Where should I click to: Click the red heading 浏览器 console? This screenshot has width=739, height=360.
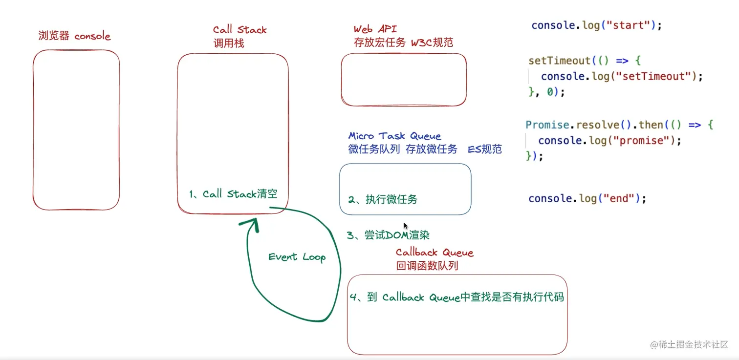click(74, 36)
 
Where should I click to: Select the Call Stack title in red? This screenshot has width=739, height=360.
click(239, 30)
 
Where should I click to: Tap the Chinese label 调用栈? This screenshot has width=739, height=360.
click(228, 43)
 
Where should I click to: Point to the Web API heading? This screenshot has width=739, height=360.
click(375, 29)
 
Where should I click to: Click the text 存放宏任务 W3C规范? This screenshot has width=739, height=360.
click(403, 42)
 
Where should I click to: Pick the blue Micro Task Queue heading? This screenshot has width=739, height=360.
click(394, 136)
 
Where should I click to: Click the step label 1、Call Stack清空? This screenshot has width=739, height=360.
click(233, 194)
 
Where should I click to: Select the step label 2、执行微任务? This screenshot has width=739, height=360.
click(383, 199)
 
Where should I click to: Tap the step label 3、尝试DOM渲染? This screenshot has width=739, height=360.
click(388, 235)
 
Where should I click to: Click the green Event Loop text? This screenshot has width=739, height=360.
click(297, 257)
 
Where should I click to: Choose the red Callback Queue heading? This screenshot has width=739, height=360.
click(435, 253)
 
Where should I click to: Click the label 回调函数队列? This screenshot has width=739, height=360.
click(427, 266)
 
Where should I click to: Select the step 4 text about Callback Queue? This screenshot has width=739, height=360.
click(456, 297)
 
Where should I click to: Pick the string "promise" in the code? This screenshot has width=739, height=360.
click(641, 141)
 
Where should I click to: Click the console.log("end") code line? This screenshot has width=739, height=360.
click(587, 198)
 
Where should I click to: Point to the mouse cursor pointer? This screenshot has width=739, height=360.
click(406, 226)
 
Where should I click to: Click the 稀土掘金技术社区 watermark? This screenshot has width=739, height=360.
click(689, 344)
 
